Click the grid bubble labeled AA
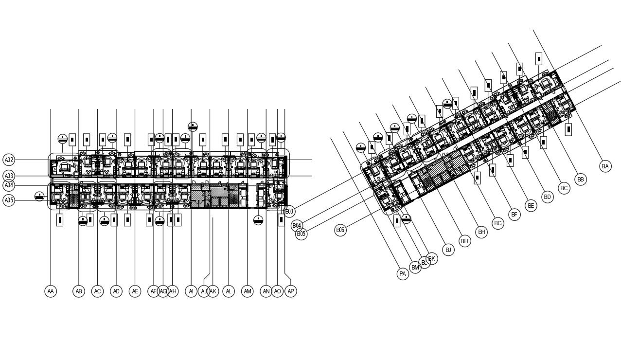(51, 291)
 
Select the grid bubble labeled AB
(79, 291)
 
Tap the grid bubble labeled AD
(116, 291)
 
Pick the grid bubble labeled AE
(135, 291)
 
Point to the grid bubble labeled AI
(191, 291)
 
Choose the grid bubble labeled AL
(229, 291)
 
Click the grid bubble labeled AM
(248, 291)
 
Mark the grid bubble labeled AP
(290, 291)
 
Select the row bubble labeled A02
(9, 160)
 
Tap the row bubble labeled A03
(9, 176)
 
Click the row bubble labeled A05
(9, 200)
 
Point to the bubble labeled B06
(340, 230)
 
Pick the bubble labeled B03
(289, 211)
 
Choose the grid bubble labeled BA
(605, 166)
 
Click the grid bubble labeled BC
(564, 188)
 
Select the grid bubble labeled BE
(531, 206)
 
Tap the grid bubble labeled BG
(498, 223)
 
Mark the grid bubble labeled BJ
(448, 250)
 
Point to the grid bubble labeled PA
(403, 274)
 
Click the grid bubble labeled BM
(415, 267)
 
